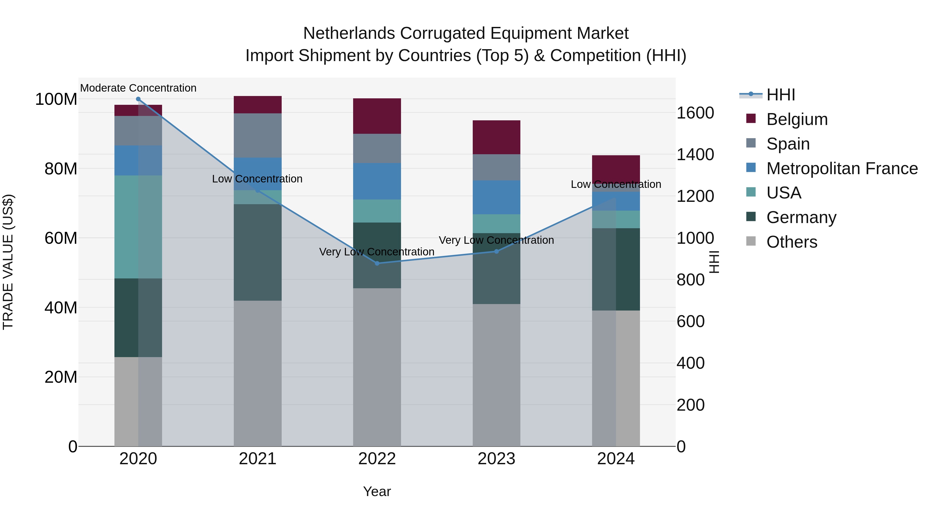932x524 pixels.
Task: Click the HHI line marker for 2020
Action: (138, 99)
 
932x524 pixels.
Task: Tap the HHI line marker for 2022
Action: (377, 263)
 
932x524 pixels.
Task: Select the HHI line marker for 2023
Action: (496, 251)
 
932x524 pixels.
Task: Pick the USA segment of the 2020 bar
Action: (138, 227)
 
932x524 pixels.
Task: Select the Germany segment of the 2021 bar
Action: (258, 252)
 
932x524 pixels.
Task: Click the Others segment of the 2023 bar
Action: (496, 375)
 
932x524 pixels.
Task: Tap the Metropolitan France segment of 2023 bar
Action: (496, 197)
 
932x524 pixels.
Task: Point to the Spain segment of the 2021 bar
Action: (258, 135)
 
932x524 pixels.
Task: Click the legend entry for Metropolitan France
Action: (842, 168)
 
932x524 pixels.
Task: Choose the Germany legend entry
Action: (801, 217)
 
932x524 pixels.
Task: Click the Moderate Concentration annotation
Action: (138, 88)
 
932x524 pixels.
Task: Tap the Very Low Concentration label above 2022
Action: (377, 252)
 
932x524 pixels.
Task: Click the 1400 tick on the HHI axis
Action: (695, 154)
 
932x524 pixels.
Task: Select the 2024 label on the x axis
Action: (616, 459)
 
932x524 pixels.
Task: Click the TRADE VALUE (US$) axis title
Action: (8, 262)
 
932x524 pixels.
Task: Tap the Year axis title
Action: (377, 491)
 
